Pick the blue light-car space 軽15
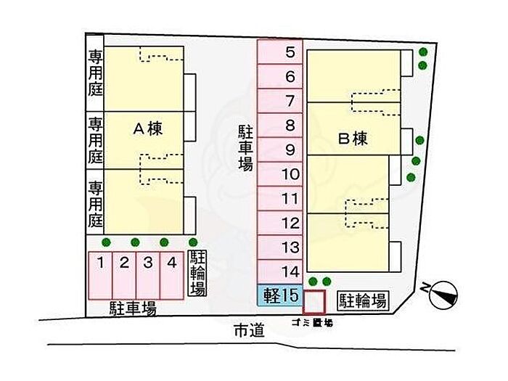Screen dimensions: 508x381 click(279, 295)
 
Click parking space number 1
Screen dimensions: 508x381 click(101, 275)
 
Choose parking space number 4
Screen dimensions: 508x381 click(171, 275)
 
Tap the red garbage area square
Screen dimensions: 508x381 click(314, 301)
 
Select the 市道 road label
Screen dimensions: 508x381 click(247, 331)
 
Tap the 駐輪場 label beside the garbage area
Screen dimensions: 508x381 click(360, 299)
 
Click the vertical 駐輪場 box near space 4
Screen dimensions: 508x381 click(197, 273)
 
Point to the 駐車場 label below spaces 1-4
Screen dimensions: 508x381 click(132, 308)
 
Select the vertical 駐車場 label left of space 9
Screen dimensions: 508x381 click(245, 148)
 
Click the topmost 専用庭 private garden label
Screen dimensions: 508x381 click(95, 73)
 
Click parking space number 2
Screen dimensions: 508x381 click(124, 275)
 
